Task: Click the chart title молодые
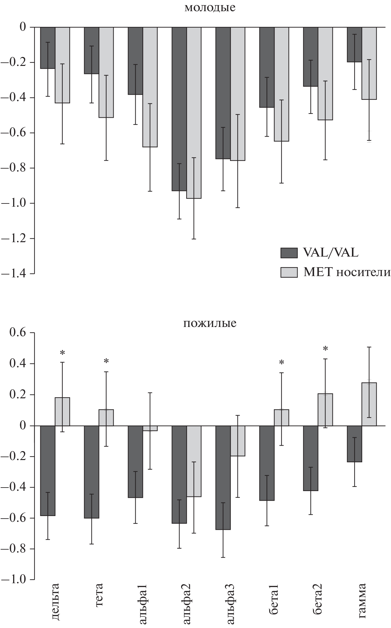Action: click(210, 8)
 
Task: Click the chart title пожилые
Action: click(210, 323)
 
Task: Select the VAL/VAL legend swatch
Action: click(289, 253)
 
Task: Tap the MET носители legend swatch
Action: click(289, 272)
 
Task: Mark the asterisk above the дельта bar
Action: click(62, 353)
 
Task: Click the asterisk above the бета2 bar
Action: click(325, 349)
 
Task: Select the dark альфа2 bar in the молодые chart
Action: click(179, 109)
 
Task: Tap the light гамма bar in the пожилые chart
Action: click(369, 404)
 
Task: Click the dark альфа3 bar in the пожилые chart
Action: click(223, 478)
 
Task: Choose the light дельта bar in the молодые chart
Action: click(62, 65)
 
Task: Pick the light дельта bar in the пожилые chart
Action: click(62, 412)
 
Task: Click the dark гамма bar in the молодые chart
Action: click(355, 44)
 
